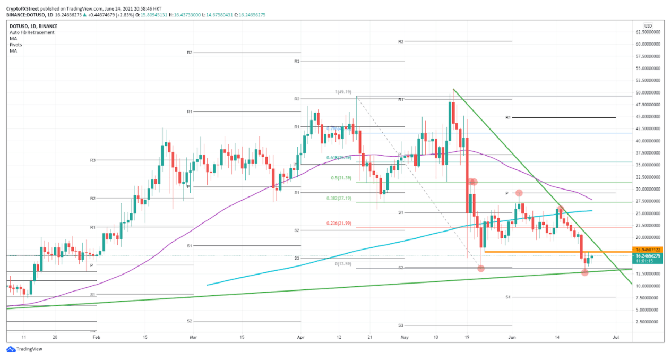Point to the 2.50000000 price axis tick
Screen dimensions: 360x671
click(649, 322)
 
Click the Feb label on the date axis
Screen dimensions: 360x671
click(96, 337)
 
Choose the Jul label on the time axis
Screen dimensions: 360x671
click(616, 337)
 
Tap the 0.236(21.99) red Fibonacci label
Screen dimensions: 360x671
click(339, 224)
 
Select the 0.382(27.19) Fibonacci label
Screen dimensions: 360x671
click(339, 198)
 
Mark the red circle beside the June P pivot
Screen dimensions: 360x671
click(519, 193)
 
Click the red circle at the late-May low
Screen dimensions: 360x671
click(481, 268)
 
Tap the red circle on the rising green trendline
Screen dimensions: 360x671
click(584, 272)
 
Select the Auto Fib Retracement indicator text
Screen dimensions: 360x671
click(32, 32)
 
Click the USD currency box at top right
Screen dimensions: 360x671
click(648, 26)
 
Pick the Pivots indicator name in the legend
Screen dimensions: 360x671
click(16, 45)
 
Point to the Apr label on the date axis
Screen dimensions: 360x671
click(301, 337)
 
